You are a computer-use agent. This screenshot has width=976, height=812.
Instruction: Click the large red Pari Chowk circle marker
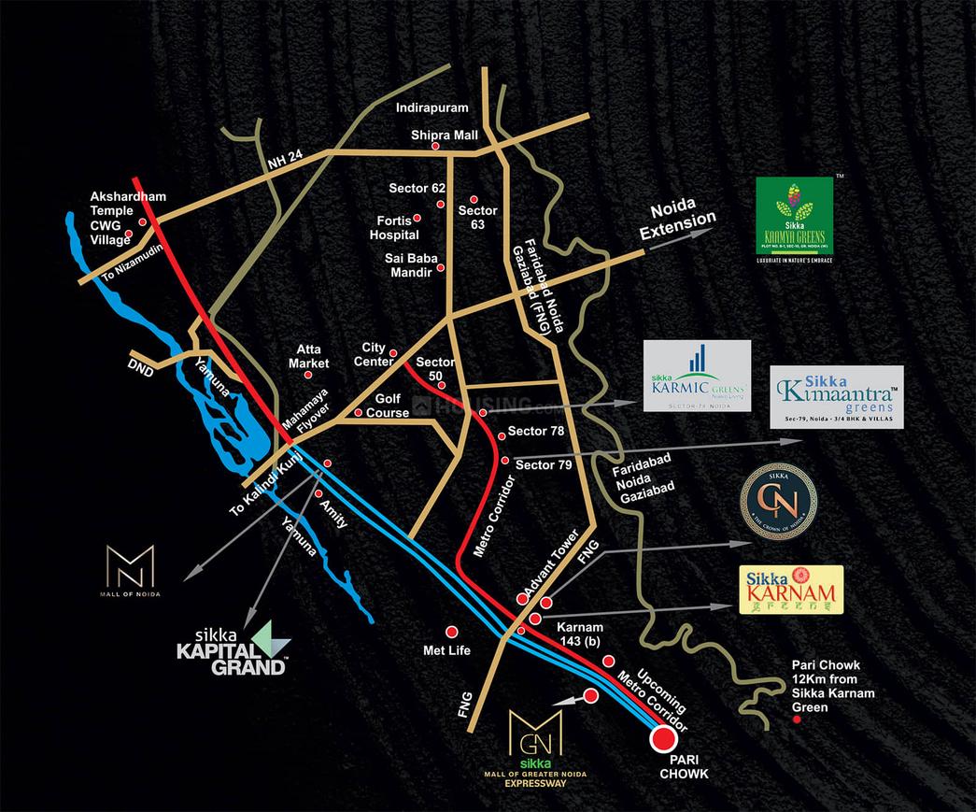[x=663, y=739]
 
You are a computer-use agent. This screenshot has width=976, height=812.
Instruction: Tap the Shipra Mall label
[x=445, y=135]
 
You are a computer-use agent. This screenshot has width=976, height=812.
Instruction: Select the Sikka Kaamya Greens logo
[x=794, y=217]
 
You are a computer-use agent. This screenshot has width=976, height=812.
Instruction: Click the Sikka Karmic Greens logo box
[x=697, y=375]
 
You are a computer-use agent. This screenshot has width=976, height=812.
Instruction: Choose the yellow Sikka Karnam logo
[x=791, y=590]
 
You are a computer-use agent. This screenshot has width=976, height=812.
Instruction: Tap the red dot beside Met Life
[x=452, y=632]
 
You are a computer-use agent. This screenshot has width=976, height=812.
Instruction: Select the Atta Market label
[x=308, y=356]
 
